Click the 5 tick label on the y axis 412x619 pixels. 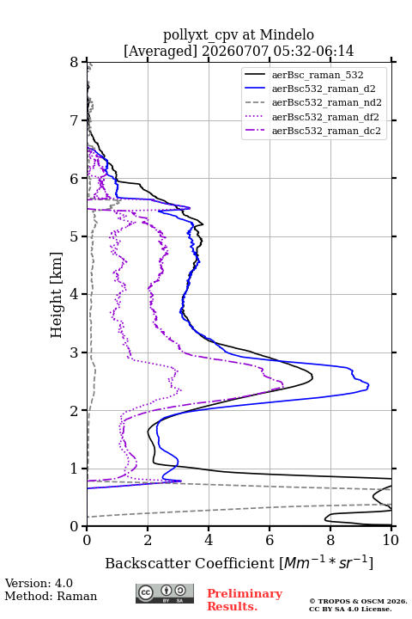click(x=75, y=237)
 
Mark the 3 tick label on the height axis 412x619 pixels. click(x=75, y=352)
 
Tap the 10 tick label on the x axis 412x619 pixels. click(x=391, y=540)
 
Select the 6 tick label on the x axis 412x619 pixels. click(x=270, y=540)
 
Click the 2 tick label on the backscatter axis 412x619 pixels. click(x=148, y=540)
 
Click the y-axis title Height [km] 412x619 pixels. click(x=57, y=295)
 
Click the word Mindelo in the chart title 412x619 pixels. click(x=287, y=34)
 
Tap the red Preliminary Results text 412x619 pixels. click(x=245, y=599)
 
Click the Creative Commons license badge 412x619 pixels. click(x=165, y=594)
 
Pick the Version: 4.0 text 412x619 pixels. click(x=39, y=583)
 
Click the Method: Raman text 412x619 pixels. click(x=51, y=596)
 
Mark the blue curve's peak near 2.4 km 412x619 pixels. click(x=368, y=385)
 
